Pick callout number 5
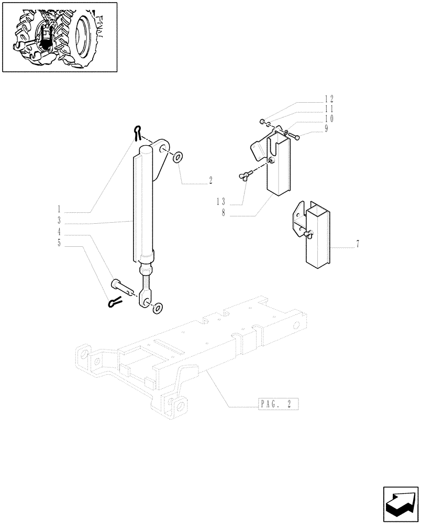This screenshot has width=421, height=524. tap(59, 243)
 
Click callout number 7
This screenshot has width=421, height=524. tap(358, 244)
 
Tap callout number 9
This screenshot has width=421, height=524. tap(326, 129)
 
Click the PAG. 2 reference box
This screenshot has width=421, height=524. tap(278, 404)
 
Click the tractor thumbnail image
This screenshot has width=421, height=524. tap(59, 37)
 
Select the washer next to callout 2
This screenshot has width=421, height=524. tap(178, 156)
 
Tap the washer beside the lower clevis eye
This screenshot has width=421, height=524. tap(157, 308)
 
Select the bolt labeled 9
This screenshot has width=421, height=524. tap(294, 136)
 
